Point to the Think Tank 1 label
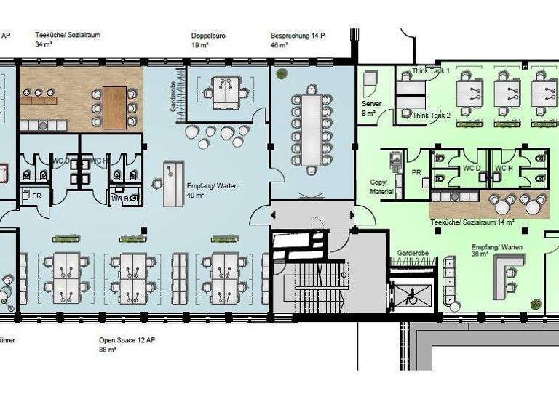click(x=431, y=70)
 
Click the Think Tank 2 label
click(x=431, y=115)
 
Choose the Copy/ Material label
click(x=381, y=188)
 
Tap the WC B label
click(x=120, y=198)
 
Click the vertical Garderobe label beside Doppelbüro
click(x=173, y=96)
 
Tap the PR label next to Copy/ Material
click(x=416, y=172)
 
